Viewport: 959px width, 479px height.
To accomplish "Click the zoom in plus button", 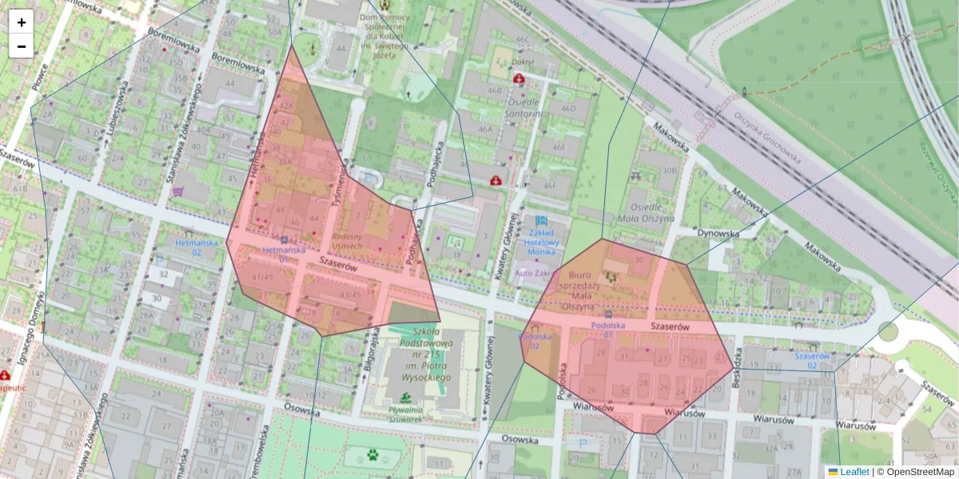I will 22,22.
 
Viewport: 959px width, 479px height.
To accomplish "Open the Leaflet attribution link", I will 854,472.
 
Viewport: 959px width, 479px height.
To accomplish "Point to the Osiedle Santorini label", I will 523,108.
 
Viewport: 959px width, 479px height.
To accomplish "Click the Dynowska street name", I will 718,233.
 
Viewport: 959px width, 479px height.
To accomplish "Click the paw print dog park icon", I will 372,455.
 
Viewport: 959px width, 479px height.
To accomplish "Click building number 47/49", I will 262,277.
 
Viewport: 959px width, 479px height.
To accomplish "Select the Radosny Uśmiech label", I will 347,242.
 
